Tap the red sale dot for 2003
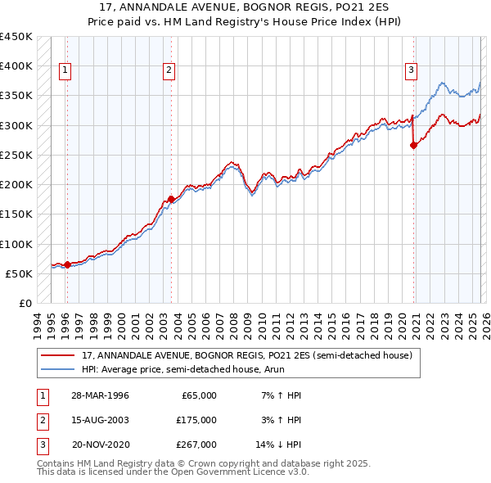[171, 199]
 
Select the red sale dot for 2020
[413, 145]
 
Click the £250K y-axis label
[16, 155]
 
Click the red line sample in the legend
[57, 355]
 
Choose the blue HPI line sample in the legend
[57, 369]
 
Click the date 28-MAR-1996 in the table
[100, 395]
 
